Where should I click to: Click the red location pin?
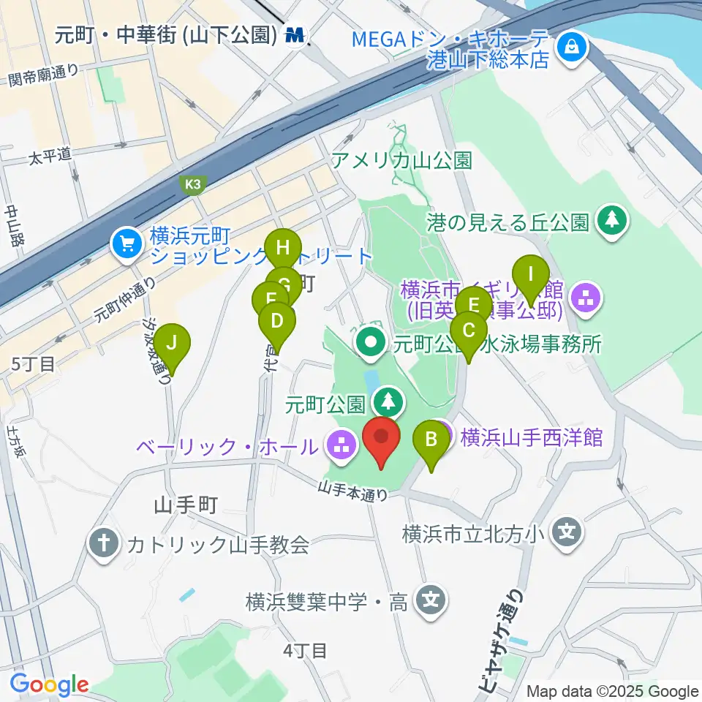382,439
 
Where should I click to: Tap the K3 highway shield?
192,186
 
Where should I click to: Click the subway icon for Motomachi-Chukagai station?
296,34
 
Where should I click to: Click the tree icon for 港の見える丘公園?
613,221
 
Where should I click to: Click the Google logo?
49,684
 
